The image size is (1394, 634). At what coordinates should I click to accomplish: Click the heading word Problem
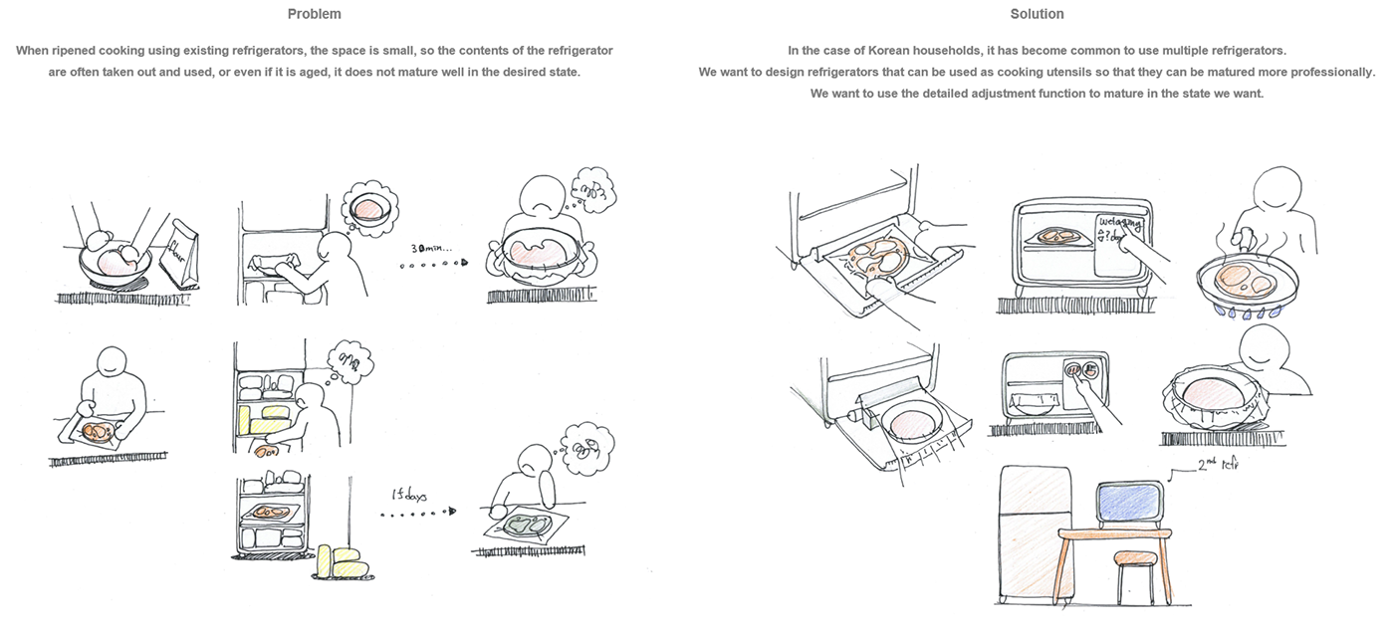pos(313,14)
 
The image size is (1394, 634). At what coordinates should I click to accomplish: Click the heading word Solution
pos(1036,14)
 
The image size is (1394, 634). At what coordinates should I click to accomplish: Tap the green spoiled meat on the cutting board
pos(526,524)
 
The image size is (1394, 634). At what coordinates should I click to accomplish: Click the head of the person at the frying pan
pos(1278,189)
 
